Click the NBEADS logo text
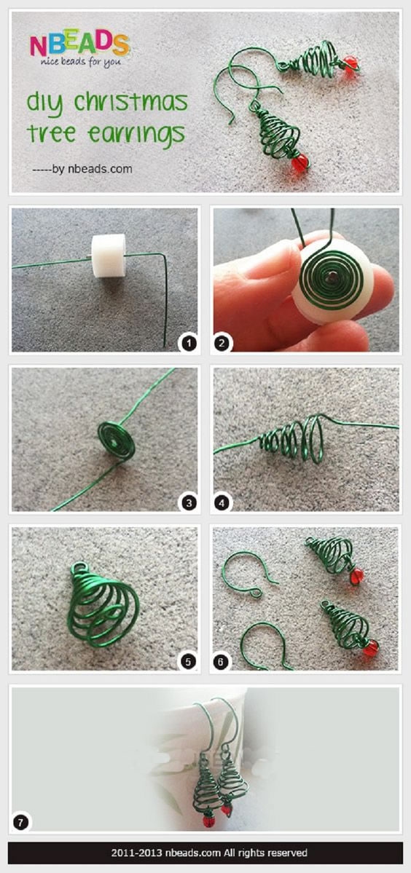79,44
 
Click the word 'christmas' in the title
131,103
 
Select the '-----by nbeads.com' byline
82,169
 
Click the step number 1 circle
188,343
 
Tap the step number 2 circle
222,343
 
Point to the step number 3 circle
188,502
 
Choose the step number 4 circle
222,502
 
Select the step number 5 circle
188,662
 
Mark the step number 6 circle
222,662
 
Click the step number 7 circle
20,821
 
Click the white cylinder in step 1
109,255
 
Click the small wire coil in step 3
117,440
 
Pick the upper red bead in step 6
356,576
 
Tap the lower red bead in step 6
371,647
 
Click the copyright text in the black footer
209,853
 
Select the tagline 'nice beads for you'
79,63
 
